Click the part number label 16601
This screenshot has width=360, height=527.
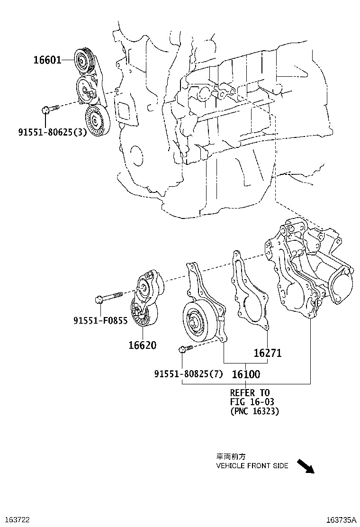[x=47, y=60]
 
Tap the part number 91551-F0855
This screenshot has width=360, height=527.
[x=100, y=321]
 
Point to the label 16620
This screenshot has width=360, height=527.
[x=142, y=345]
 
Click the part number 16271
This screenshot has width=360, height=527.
[x=268, y=353]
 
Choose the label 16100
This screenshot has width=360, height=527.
[x=246, y=374]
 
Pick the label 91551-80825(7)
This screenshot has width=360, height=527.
[x=188, y=374]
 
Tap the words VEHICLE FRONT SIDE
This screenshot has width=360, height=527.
[x=252, y=466]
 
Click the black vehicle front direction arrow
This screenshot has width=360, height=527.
[x=305, y=466]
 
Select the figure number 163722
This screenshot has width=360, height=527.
[x=15, y=520]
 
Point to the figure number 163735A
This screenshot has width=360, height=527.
[x=341, y=520]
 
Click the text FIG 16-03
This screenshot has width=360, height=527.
[x=252, y=402]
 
